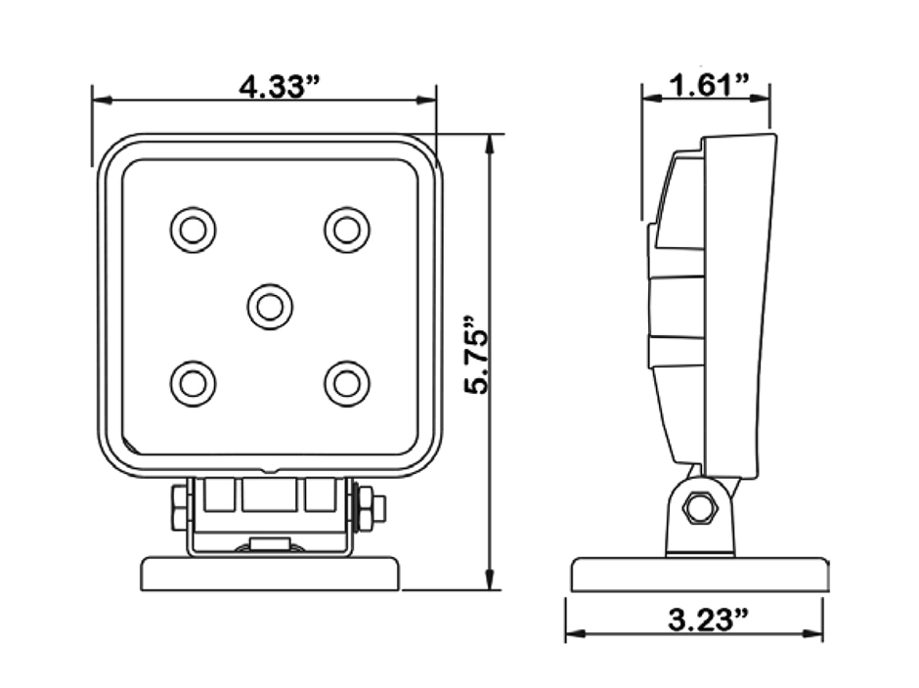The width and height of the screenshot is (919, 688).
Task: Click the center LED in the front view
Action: (270, 307)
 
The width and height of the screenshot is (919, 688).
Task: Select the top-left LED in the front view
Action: (193, 231)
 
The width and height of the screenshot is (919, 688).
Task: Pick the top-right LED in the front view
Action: (347, 231)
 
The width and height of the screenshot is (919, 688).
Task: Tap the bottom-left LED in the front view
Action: (193, 383)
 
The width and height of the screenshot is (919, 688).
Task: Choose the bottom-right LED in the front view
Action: (347, 383)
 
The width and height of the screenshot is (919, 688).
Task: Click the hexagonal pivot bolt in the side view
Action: (700, 507)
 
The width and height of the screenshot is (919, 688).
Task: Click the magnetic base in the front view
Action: (270, 574)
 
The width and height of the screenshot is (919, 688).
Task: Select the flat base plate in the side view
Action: (700, 575)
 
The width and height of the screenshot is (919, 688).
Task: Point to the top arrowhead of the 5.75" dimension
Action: (490, 142)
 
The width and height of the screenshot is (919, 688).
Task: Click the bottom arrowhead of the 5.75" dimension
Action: (490, 582)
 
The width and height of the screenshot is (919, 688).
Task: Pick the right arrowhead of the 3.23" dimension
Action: (815, 633)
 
